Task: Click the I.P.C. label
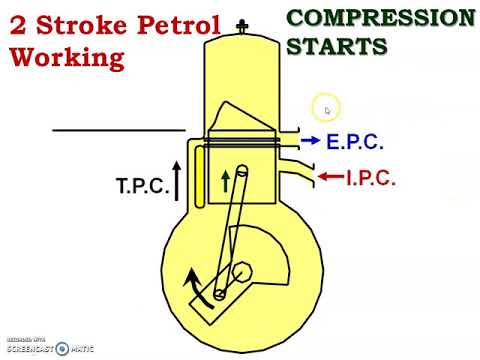coord(371,179)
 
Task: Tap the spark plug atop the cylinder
coord(240,26)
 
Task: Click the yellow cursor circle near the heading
coord(326,108)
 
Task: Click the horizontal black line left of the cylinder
coord(118,129)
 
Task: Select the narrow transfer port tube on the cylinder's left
coord(200,177)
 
